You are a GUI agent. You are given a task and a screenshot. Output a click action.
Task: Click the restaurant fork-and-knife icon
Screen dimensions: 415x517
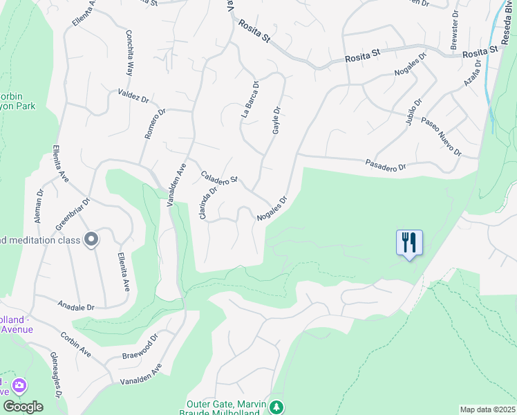[409, 243]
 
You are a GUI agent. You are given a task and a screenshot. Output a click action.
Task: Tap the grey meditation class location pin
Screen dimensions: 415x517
[91, 239]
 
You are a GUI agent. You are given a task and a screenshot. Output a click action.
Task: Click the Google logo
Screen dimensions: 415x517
[22, 407]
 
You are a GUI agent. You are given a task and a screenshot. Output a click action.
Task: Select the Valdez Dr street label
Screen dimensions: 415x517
[133, 96]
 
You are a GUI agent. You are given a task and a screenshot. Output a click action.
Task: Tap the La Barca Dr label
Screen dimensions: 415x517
[250, 100]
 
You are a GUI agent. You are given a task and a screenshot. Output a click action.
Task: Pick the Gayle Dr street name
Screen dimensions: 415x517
[276, 120]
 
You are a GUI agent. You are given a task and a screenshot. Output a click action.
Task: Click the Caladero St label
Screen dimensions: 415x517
[219, 178]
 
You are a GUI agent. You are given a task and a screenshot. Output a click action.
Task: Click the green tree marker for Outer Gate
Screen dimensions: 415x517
[276, 407]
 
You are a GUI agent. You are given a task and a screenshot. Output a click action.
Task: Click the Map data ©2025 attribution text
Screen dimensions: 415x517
[487, 409]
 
